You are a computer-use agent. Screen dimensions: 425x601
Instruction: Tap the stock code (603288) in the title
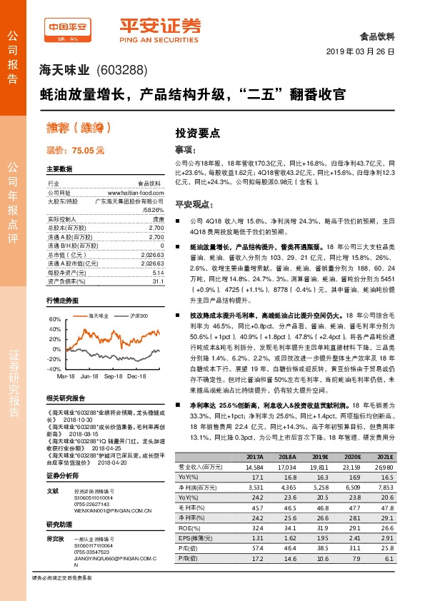[121, 70]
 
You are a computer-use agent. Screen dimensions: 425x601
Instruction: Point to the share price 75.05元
[75, 151]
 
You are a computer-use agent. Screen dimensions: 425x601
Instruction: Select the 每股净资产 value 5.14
[158, 253]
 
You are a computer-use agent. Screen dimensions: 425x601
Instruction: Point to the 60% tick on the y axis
[54, 319]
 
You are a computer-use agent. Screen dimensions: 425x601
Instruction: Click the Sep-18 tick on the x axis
[113, 375]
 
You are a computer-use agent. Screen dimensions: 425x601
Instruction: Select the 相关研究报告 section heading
[66, 398]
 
